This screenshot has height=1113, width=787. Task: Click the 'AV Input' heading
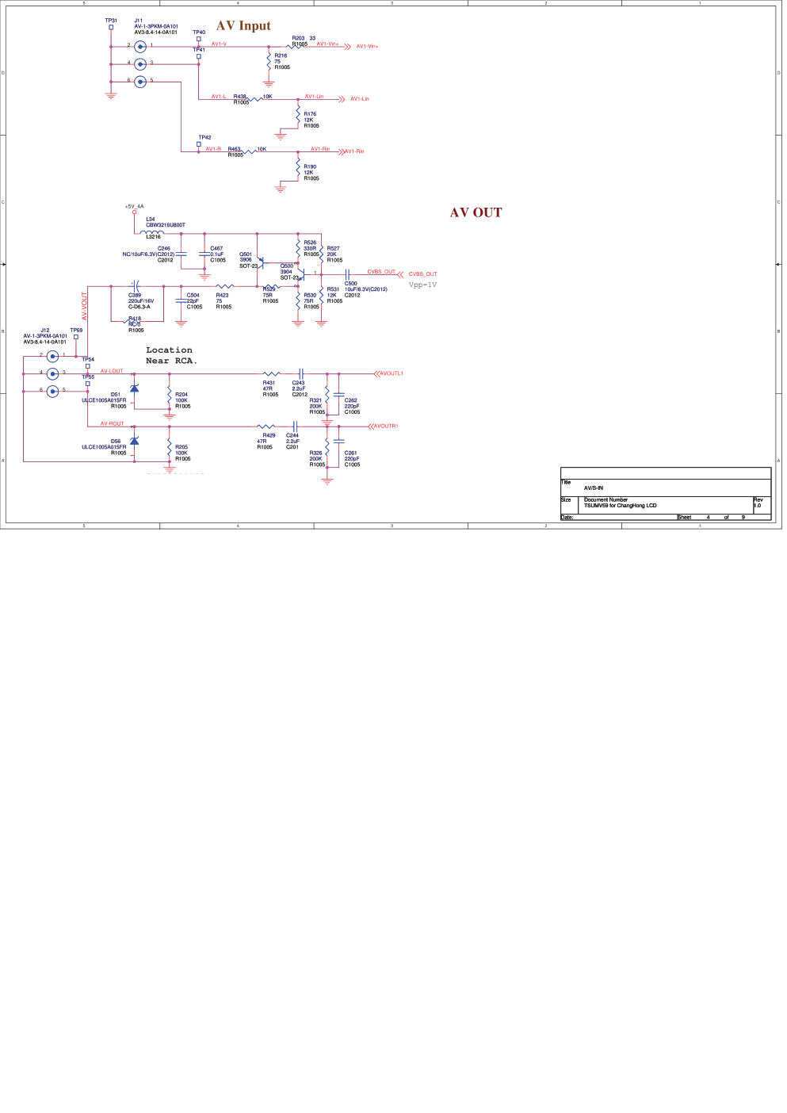(x=243, y=26)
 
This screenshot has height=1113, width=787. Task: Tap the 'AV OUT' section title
(x=476, y=212)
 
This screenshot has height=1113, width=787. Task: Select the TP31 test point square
(x=111, y=28)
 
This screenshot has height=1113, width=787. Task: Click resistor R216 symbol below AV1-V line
(x=269, y=61)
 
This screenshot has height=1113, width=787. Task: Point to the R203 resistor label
(x=298, y=38)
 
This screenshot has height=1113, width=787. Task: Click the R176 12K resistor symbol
(x=298, y=117)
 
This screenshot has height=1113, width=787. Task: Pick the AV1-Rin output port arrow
(x=342, y=151)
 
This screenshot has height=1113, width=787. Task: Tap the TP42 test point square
(x=199, y=144)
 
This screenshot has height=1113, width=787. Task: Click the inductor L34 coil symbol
(x=154, y=232)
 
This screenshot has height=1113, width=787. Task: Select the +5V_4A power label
(x=134, y=206)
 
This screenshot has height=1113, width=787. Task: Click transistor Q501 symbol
(x=261, y=262)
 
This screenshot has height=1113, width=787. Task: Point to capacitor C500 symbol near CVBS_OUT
(x=347, y=275)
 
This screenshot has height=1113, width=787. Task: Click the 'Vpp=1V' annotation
(x=422, y=285)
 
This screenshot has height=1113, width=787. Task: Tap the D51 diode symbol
(x=134, y=388)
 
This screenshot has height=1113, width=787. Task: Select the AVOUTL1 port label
(x=391, y=373)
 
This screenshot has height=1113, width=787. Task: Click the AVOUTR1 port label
(x=385, y=426)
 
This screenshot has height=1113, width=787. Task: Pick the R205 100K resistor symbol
(x=169, y=448)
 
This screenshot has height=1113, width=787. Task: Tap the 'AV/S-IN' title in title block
(x=594, y=488)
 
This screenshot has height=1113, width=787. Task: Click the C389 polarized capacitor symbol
(x=136, y=286)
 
